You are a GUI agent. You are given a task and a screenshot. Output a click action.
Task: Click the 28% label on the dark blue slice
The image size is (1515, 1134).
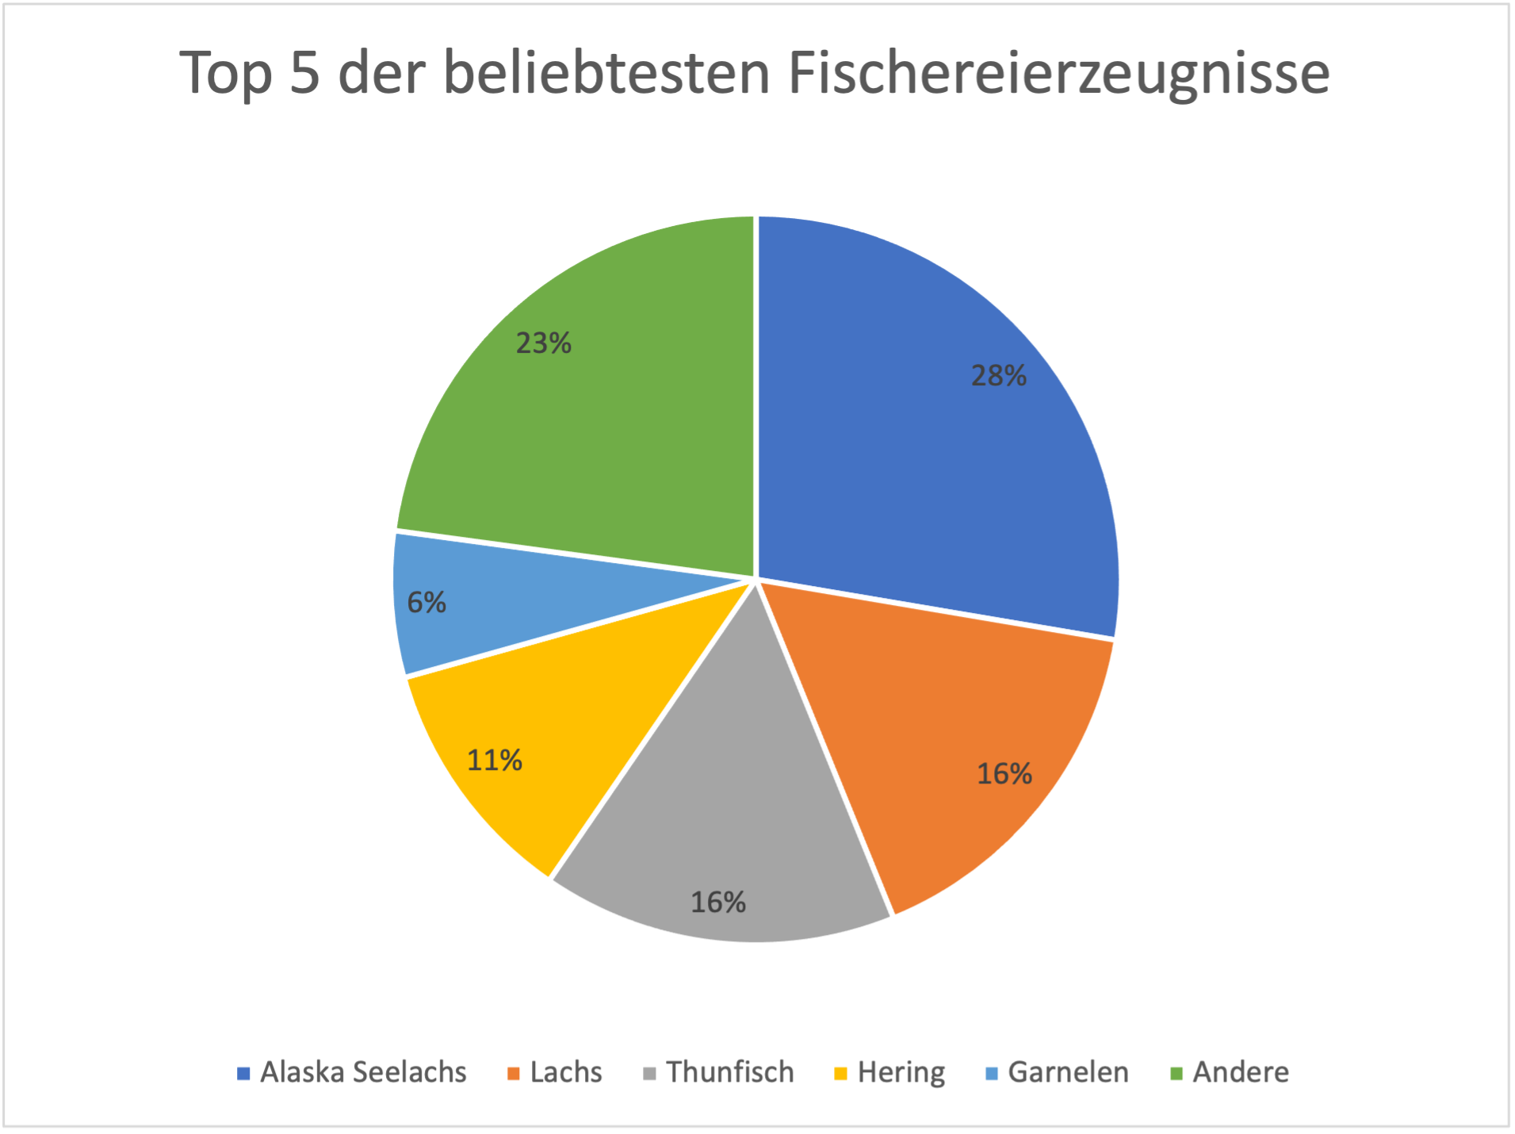998,375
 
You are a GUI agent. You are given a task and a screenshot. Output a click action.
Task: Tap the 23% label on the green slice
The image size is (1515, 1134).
543,343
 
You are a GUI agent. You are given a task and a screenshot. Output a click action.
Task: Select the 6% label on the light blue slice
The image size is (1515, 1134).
427,603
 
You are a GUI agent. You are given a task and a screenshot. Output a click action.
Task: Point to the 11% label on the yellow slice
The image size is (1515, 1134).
494,760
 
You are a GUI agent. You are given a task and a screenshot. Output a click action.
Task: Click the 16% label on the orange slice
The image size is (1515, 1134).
1004,773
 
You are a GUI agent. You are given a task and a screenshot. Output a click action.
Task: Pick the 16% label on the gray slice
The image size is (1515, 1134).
717,902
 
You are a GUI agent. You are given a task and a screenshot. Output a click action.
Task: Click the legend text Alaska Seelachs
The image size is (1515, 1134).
363,1072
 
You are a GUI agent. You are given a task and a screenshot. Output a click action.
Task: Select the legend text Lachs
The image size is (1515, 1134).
566,1072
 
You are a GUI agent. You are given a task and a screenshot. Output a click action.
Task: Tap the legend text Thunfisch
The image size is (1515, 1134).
729,1072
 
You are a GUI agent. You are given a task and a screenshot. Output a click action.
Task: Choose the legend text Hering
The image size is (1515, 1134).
901,1072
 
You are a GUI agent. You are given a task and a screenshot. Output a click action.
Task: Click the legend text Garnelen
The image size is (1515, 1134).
1068,1072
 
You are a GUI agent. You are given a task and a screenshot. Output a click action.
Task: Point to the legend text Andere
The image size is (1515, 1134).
1241,1072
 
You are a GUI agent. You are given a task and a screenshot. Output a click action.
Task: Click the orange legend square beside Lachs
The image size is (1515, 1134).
514,1074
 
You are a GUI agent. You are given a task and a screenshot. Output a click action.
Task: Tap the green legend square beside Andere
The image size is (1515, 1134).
1176,1074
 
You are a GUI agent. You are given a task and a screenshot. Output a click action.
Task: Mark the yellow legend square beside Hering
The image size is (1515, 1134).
841,1074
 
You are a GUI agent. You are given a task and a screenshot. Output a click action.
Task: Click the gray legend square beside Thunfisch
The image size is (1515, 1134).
650,1074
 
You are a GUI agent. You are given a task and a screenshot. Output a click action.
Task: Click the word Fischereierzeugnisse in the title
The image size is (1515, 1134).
1058,73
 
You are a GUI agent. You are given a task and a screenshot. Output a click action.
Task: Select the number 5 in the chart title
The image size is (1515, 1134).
304,73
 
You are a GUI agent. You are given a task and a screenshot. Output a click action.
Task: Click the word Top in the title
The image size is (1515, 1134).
226,73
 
